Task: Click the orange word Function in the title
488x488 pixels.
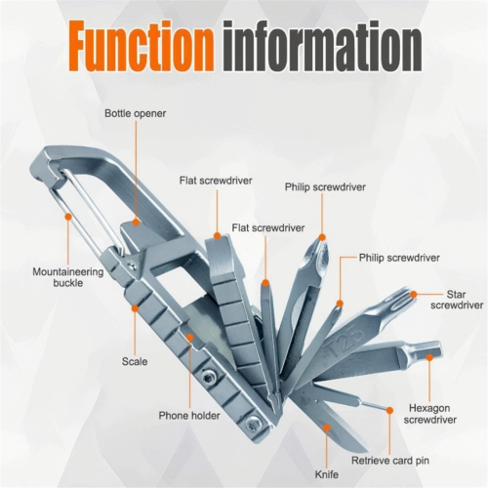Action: tap(141, 47)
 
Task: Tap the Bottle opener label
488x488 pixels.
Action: tap(135, 113)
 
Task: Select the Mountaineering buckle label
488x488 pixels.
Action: tap(68, 277)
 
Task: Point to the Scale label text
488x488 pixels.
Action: tap(135, 361)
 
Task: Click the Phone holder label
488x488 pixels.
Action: tap(189, 416)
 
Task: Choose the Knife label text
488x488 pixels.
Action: tap(327, 474)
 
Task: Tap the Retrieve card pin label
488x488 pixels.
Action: tap(390, 461)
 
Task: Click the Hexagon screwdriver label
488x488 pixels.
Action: tap(429, 414)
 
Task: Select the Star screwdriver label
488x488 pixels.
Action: tap(457, 300)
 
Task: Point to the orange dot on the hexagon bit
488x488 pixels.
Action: tap(429, 357)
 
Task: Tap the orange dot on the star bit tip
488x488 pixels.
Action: tap(413, 295)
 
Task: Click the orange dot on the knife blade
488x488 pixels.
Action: tap(327, 427)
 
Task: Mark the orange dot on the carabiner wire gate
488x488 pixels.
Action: tap(68, 216)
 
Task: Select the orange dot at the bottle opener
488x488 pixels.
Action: tap(136, 223)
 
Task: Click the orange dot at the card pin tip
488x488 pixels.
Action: tap(389, 411)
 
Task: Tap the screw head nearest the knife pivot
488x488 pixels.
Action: tap(252, 424)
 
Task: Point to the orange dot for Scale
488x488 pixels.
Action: tap(135, 307)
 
